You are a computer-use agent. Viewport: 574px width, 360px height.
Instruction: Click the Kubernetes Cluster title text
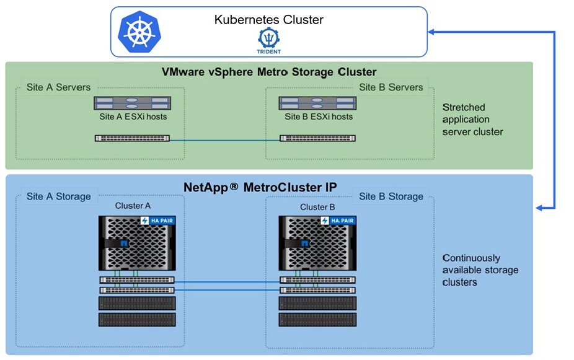(x=268, y=20)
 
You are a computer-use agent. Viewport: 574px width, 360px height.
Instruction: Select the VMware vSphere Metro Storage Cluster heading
(x=269, y=72)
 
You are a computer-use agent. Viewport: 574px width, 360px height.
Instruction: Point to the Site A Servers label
(x=58, y=87)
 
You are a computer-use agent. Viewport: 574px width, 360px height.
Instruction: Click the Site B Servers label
(x=391, y=87)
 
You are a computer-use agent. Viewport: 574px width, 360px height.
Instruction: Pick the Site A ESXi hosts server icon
(x=132, y=103)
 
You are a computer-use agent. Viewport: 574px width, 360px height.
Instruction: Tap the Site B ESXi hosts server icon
(x=316, y=103)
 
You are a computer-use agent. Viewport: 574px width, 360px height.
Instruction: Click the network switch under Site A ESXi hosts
(x=132, y=139)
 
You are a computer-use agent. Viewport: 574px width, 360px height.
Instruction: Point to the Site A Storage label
(x=58, y=197)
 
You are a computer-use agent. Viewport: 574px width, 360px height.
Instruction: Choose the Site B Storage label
(x=391, y=197)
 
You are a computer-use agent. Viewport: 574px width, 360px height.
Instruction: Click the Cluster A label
(x=133, y=206)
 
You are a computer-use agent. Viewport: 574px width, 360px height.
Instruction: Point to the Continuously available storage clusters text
(x=480, y=270)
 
